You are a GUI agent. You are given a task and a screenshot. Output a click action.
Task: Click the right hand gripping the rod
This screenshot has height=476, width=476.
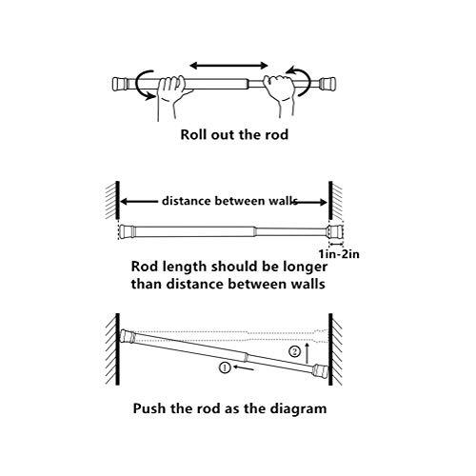click(279, 91)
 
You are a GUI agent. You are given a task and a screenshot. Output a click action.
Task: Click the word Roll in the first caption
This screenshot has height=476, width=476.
click(195, 134)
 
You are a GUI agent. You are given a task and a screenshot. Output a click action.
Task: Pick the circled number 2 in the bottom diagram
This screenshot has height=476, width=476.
click(295, 350)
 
